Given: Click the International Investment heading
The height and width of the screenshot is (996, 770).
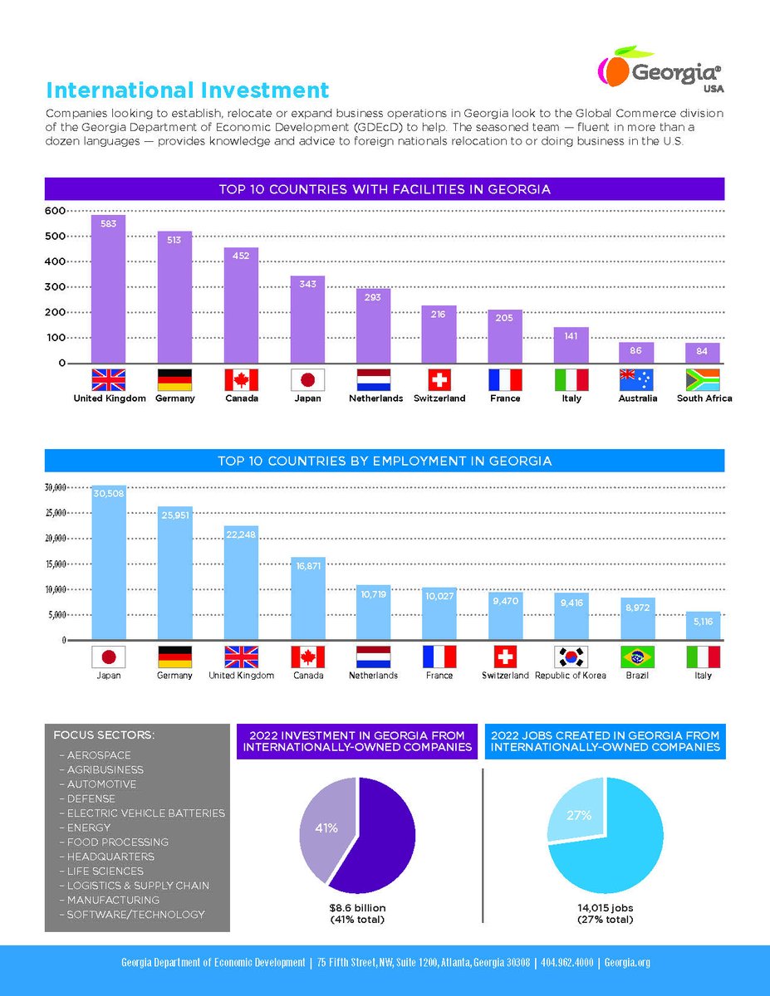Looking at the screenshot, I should click(x=188, y=90).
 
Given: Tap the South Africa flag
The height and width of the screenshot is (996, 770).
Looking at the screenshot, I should click(x=703, y=380).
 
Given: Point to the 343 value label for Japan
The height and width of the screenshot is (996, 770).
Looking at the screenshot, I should click(x=307, y=284).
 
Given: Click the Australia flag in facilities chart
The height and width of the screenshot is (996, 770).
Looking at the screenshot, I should click(x=636, y=380).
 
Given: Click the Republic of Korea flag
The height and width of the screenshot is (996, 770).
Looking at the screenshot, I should click(x=571, y=657).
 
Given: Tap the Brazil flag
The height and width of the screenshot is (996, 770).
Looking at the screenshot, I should click(x=637, y=657).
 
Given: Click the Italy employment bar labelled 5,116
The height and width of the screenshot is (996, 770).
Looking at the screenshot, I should click(x=703, y=626).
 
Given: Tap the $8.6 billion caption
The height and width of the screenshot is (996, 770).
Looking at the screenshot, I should click(x=357, y=907).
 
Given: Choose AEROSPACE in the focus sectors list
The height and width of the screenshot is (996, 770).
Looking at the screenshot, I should click(x=98, y=755).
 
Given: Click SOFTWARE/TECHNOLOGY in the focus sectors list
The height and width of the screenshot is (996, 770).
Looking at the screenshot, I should click(x=135, y=915).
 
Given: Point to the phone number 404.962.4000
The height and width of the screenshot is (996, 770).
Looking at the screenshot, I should click(x=566, y=963).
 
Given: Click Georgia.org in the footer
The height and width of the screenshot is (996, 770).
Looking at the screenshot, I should click(x=627, y=963).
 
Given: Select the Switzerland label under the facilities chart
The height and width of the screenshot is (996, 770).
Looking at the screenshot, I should click(x=439, y=398).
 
